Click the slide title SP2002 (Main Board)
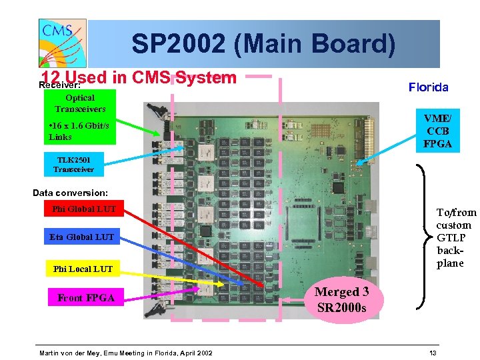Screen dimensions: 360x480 tap(263, 44)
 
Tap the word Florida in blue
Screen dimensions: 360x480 tap(428, 87)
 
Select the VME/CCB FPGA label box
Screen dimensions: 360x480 tap(437, 130)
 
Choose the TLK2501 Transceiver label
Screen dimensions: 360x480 tap(74, 164)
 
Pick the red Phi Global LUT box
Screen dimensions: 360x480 tap(84, 209)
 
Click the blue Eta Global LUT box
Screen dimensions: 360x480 tap(81, 237)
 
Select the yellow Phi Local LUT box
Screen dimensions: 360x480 tap(83, 269)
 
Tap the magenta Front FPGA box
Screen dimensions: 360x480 tap(86, 298)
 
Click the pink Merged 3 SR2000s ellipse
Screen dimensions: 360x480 tap(341, 299)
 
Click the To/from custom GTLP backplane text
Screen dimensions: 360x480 tap(456, 237)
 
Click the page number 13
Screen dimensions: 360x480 tap(433, 352)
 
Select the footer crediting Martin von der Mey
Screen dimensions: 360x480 tap(126, 352)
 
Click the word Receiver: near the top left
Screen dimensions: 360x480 tap(59, 85)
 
